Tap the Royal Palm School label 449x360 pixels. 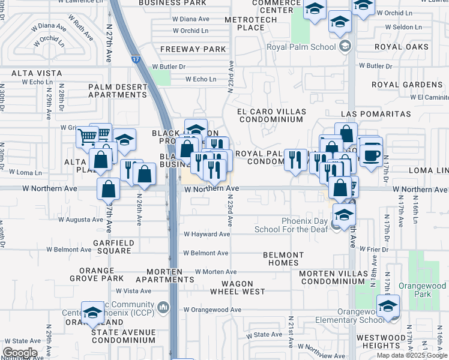312,46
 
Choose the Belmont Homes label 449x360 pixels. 283,259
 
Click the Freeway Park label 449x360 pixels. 193,49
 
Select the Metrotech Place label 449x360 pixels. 251,24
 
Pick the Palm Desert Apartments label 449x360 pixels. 117,91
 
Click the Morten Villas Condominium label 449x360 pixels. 333,277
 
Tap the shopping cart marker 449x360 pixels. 87,137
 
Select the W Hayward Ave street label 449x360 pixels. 207,234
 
